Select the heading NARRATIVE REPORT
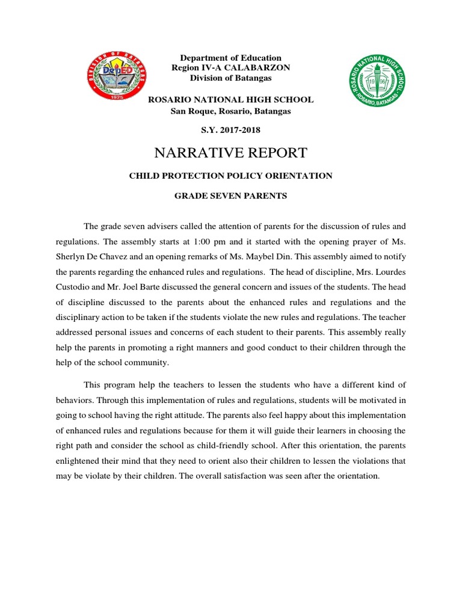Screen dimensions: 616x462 point(231,152)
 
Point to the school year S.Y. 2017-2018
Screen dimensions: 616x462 point(231,130)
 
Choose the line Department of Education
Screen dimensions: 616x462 point(231,58)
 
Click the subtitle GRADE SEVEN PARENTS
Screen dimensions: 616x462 point(231,196)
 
